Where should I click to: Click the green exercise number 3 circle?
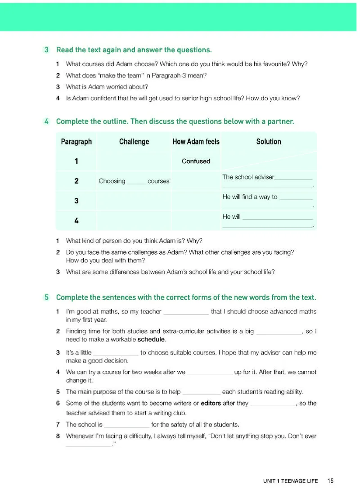(47, 49)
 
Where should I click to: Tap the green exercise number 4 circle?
(47, 121)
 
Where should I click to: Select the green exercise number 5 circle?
(47, 297)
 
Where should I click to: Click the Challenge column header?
(134, 142)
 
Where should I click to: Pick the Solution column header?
(269, 142)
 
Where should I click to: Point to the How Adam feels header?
(196, 142)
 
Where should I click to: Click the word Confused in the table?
(196, 161)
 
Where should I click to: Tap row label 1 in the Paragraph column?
(76, 161)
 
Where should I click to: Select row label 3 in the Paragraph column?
(76, 201)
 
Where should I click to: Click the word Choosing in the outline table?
(112, 181)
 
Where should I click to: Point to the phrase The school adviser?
(248, 177)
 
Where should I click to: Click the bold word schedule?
(152, 339)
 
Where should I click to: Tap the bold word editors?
(211, 403)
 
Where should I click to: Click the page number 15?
(331, 481)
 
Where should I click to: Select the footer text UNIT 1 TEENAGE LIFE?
(290, 481)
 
